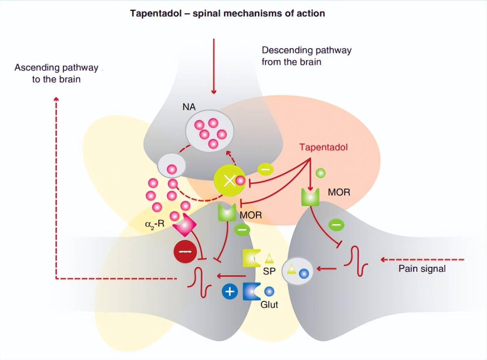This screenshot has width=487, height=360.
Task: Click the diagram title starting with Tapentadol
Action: (227, 13)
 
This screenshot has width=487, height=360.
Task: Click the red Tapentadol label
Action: (323, 147)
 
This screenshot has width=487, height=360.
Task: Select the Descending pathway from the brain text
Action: (306, 56)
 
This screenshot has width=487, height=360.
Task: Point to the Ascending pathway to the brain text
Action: (56, 73)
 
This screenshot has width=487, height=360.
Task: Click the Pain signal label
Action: (422, 268)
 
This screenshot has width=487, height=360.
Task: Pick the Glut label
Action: (269, 304)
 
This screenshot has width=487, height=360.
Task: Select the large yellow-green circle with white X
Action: (229, 181)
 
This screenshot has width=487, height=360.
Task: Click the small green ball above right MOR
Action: (320, 174)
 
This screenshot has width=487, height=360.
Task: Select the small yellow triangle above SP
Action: (269, 258)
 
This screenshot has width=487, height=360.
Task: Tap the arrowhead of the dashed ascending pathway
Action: (56, 100)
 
